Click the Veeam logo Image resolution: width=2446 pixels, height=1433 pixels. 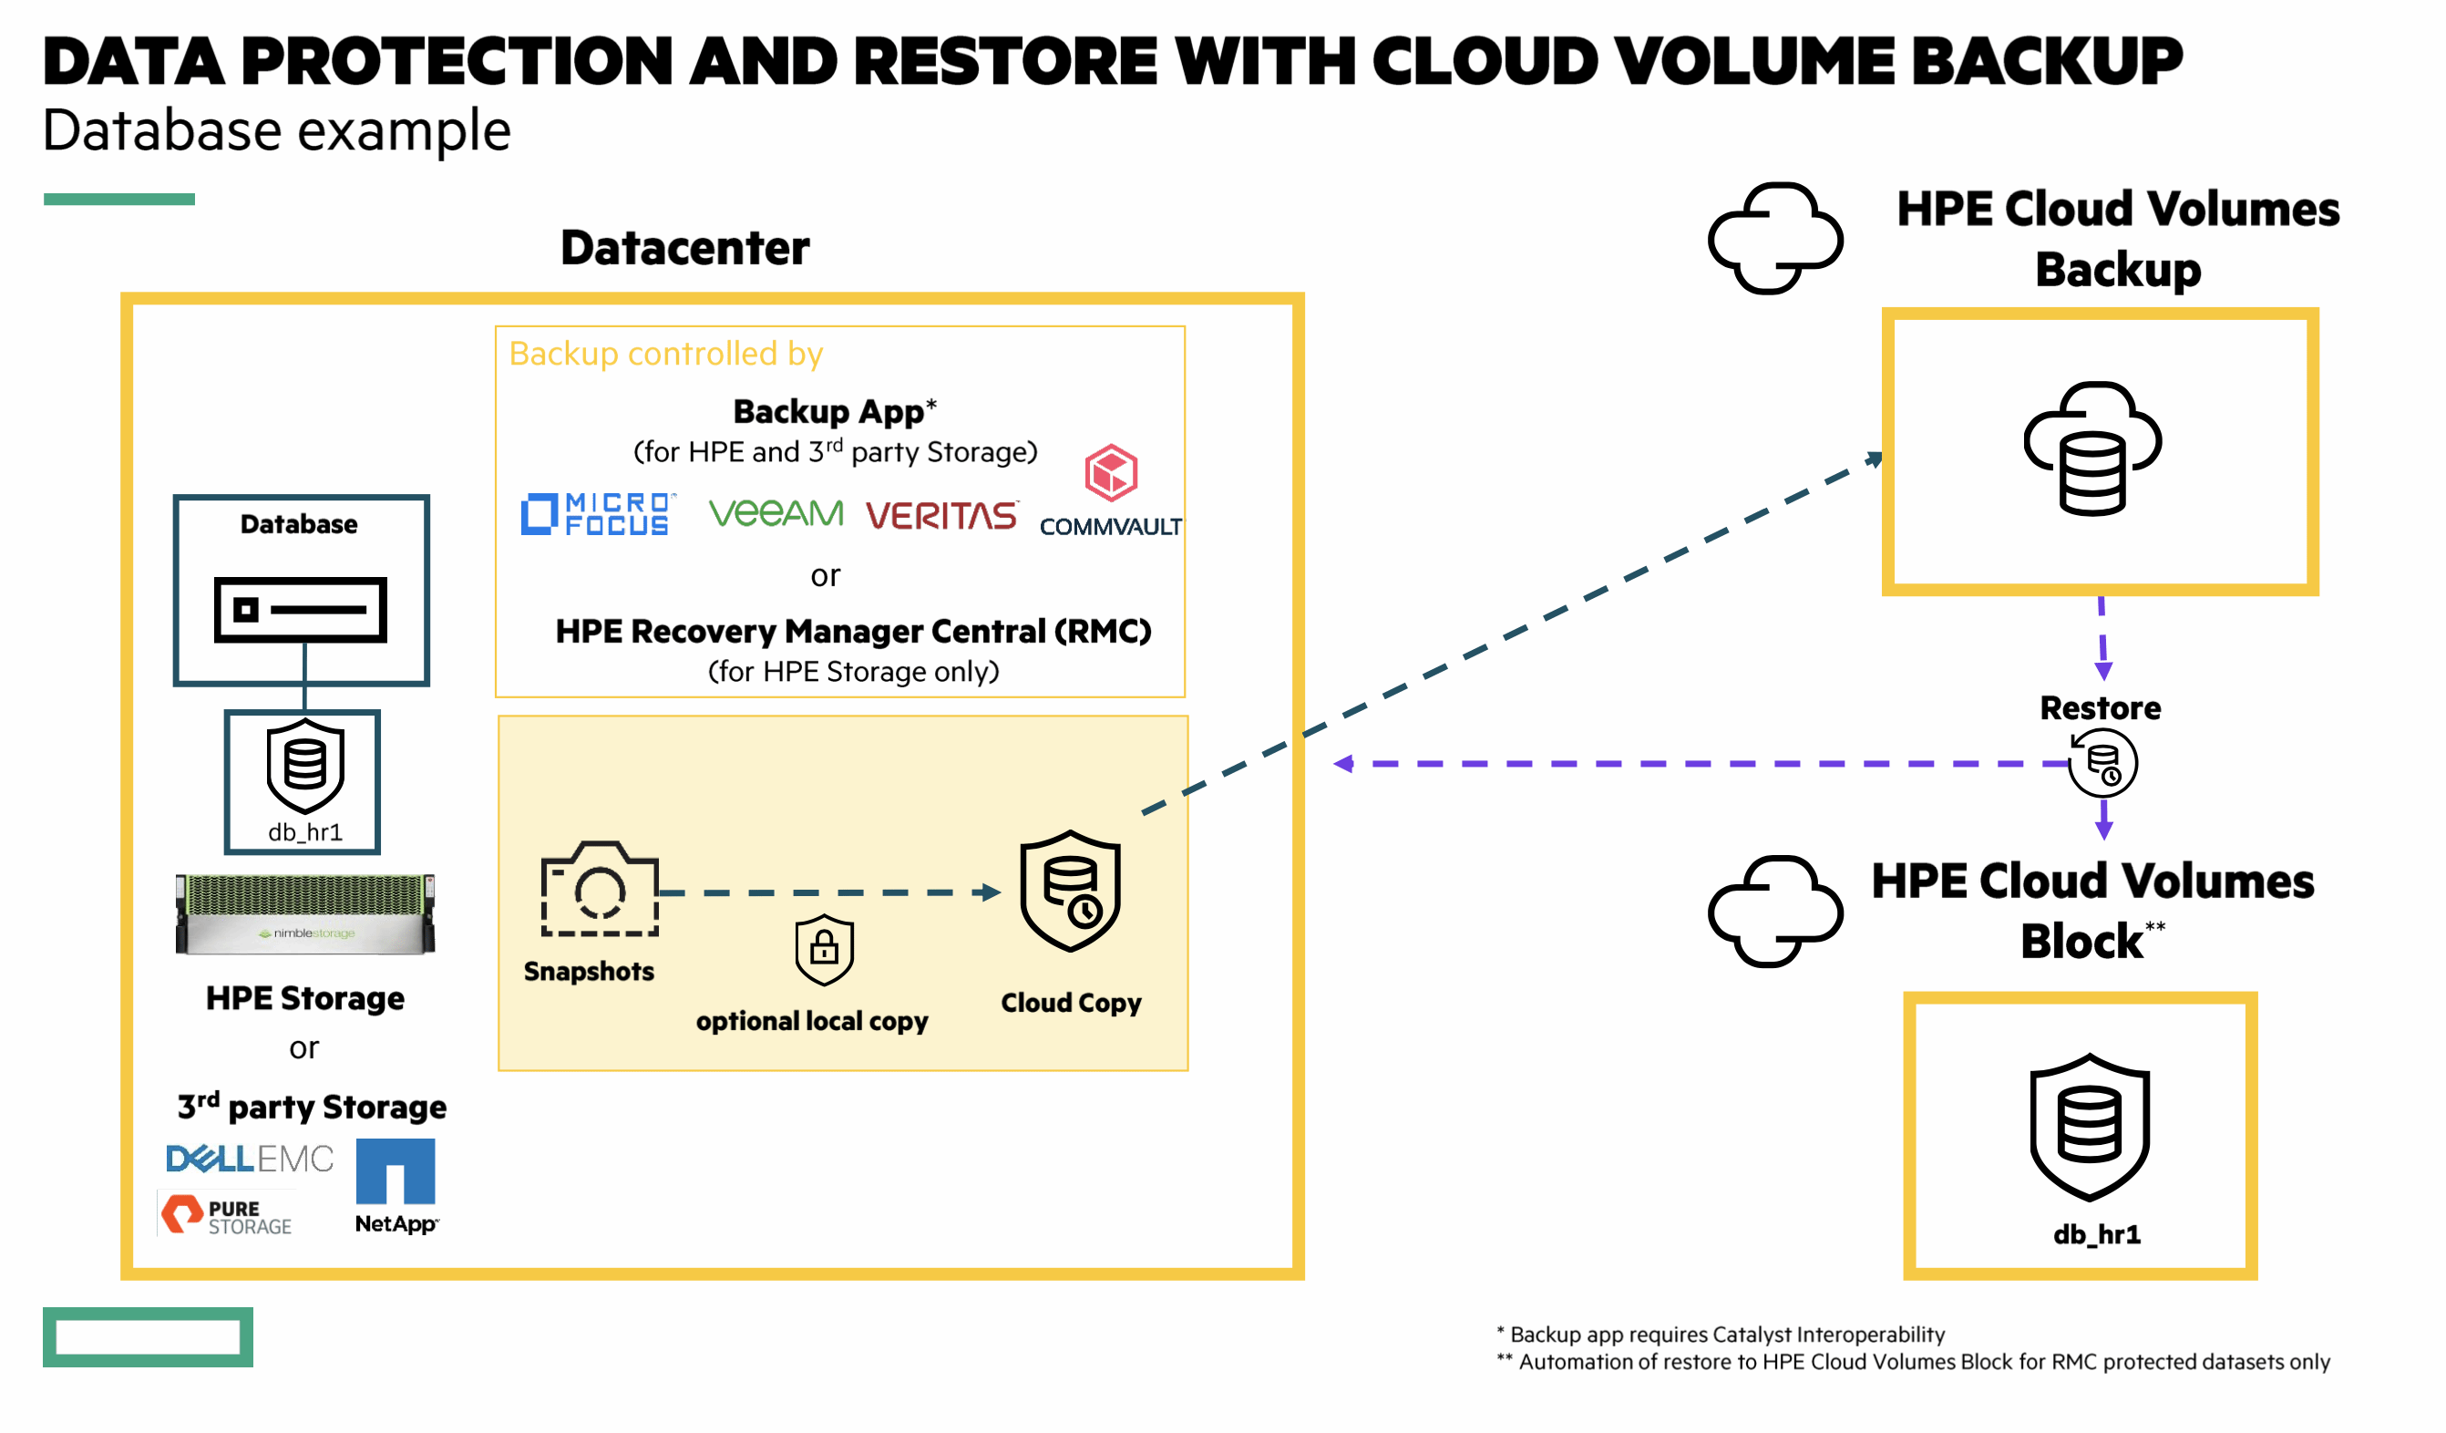click(776, 512)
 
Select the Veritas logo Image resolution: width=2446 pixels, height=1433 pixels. click(941, 516)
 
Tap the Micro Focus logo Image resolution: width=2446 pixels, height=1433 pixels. click(596, 514)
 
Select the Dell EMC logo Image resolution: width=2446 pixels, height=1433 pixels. click(250, 1159)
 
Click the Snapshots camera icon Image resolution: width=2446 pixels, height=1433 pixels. click(600, 889)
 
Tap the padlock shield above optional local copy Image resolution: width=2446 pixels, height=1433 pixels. click(824, 949)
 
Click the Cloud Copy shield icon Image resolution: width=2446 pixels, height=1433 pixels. click(1070, 891)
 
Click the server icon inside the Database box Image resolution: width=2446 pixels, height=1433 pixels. click(300, 610)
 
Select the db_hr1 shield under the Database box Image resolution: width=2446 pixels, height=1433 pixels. click(304, 767)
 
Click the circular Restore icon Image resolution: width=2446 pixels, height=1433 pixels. click(2102, 764)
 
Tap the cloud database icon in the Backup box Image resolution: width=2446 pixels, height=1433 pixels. click(2092, 448)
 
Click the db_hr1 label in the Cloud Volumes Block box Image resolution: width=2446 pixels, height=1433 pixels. click(2097, 1234)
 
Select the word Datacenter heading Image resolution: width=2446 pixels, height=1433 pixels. click(684, 248)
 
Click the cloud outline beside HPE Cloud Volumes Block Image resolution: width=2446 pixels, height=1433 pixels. click(1774, 911)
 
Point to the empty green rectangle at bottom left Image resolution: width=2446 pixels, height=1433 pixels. click(148, 1337)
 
